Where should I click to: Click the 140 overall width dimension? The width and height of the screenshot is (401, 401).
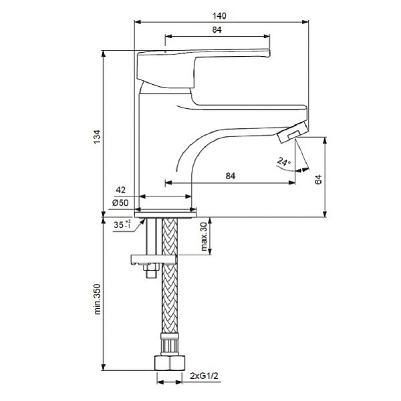coord(219,16)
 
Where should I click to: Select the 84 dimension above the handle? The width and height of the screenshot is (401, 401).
coord(217,29)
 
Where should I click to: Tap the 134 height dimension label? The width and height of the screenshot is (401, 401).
coord(97,137)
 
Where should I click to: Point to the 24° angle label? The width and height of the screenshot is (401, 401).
coord(283,161)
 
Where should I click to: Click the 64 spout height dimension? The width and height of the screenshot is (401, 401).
coord(318,179)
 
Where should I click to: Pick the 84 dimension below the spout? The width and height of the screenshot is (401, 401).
coord(230,176)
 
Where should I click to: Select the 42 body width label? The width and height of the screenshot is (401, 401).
coord(121,190)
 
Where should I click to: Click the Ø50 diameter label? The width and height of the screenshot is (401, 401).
coord(120,203)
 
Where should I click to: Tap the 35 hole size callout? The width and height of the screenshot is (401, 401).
coord(122,225)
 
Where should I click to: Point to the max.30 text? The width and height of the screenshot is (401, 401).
coord(204,237)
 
